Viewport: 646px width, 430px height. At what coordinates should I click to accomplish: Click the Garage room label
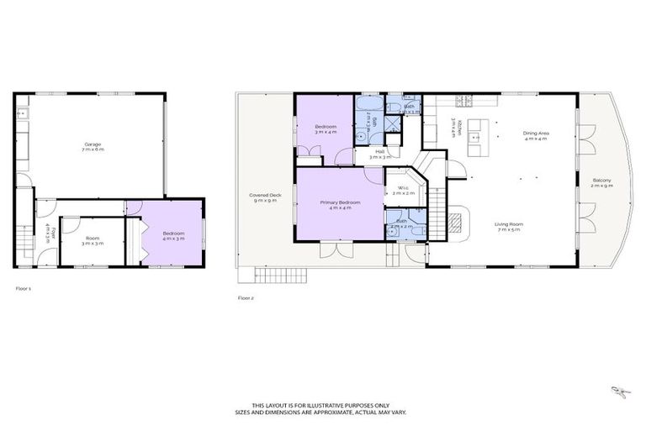coord(92,147)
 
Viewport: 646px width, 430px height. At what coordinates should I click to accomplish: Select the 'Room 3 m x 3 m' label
coord(92,240)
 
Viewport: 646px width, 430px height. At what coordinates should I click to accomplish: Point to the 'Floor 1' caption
coord(23,288)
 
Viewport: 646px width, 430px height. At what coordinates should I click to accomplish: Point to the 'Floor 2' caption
coord(245,297)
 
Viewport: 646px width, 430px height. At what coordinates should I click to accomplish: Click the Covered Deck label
coord(264,198)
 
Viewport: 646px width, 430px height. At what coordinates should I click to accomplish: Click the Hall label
coord(380,155)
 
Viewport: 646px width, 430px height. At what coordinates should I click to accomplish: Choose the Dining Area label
coord(535,135)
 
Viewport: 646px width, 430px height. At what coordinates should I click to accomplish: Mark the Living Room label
coord(508,226)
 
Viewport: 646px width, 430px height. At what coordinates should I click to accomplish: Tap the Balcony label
coord(601,182)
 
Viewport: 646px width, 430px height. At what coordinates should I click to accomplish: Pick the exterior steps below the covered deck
coord(269,275)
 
